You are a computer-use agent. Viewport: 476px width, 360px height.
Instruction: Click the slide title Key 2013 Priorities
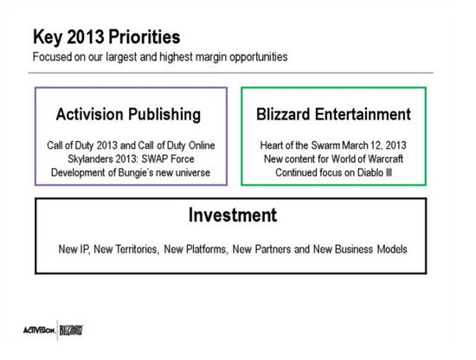pos(106,37)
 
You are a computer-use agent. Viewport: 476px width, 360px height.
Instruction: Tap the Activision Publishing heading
pos(128,115)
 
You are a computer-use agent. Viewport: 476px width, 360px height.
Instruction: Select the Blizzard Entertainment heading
pos(333,114)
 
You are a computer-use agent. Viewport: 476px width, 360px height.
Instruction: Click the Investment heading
pos(233,215)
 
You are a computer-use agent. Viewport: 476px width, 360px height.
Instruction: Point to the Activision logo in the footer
pos(40,330)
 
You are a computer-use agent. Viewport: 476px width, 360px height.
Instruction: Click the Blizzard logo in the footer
pos(71,331)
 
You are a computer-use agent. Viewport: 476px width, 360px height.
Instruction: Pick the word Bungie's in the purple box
pos(135,173)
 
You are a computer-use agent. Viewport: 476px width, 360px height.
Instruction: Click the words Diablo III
pos(375,172)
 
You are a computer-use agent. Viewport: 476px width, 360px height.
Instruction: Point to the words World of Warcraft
pos(367,158)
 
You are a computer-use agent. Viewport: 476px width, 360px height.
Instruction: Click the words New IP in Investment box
pos(74,249)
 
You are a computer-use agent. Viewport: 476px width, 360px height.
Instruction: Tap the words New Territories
pos(126,249)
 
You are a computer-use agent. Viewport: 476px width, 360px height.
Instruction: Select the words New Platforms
pos(196,249)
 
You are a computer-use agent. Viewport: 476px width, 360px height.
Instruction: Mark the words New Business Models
pos(360,249)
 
